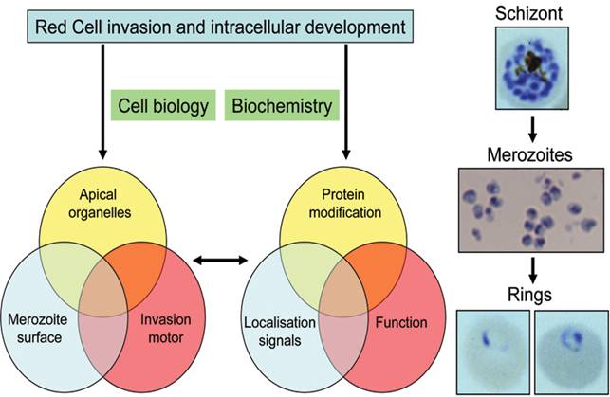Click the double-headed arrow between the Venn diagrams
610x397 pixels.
(219, 257)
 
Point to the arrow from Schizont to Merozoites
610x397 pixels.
(534, 128)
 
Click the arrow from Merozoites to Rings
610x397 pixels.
(534, 259)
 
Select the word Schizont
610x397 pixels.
(534, 15)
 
